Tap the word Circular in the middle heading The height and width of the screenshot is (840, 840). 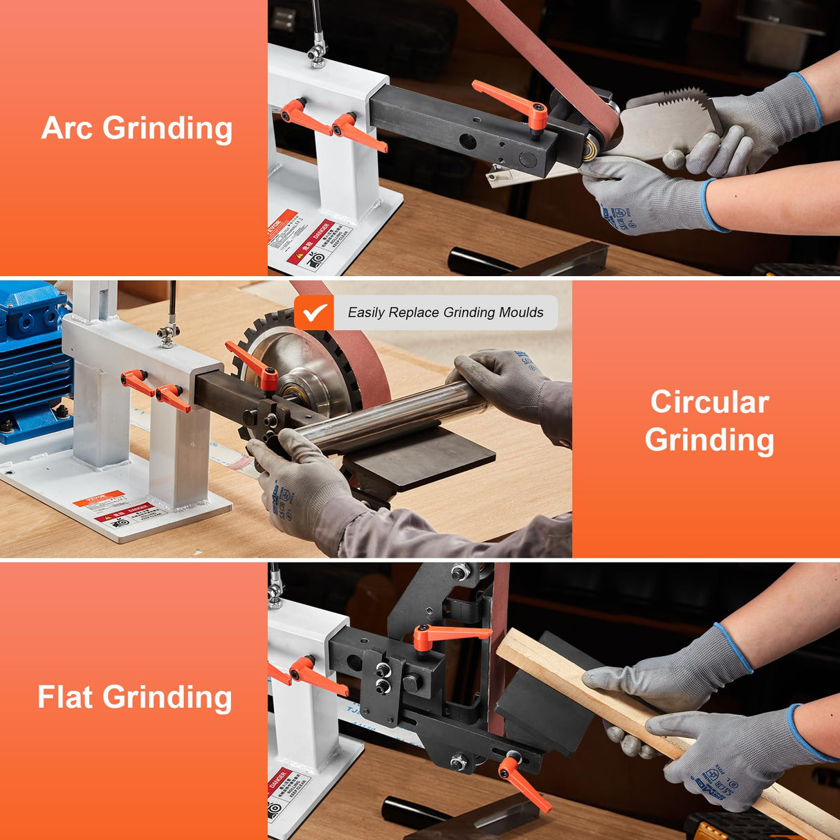click(709, 402)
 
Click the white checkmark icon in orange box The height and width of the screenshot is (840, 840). click(315, 313)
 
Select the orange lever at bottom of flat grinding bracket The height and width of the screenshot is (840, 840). click(522, 782)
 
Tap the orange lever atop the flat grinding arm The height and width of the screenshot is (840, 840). click(443, 634)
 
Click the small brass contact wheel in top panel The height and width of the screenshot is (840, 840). click(592, 149)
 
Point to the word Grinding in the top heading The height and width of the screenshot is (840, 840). click(167, 129)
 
